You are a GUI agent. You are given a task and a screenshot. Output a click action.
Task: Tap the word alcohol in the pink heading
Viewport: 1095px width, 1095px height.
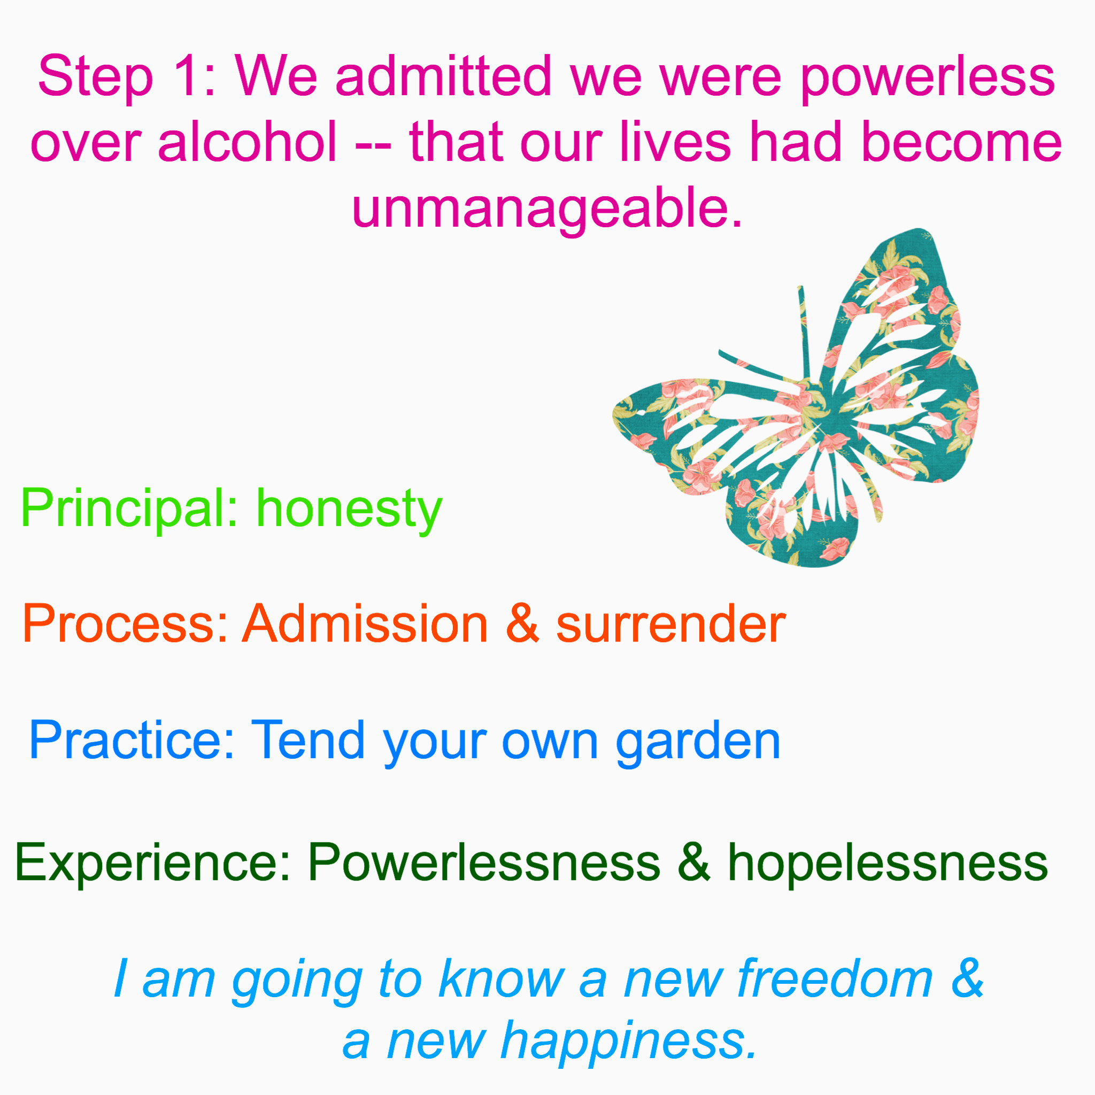tap(248, 142)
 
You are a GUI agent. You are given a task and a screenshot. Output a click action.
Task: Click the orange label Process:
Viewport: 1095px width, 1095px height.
tap(125, 623)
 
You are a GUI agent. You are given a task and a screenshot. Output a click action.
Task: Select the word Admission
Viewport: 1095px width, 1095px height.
tap(365, 623)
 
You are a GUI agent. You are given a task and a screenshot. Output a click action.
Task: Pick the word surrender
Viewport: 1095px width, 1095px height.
tap(671, 623)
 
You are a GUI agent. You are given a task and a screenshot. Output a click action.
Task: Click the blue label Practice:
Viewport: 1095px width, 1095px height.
tap(132, 739)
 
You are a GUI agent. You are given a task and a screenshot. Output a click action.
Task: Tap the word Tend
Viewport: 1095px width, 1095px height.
tap(309, 739)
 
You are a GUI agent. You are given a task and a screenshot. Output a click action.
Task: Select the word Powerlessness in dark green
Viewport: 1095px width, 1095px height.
tap(484, 861)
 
